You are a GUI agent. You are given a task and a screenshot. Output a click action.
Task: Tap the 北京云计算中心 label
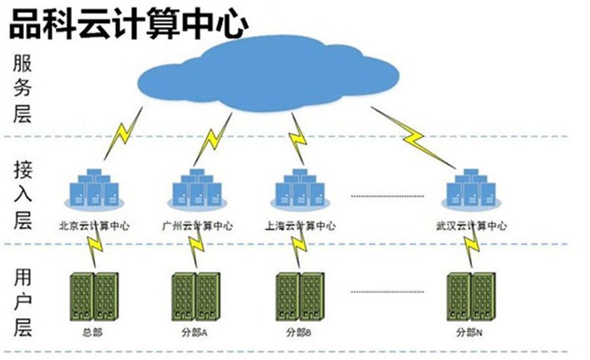(x=94, y=226)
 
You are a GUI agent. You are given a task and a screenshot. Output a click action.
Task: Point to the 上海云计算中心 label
(x=300, y=226)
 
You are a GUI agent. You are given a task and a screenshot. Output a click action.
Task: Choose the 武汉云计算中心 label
(x=471, y=226)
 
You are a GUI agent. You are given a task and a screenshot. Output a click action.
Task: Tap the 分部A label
(x=194, y=332)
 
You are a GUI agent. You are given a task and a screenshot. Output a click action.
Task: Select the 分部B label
(x=298, y=332)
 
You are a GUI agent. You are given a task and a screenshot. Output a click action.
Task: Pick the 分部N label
(x=469, y=332)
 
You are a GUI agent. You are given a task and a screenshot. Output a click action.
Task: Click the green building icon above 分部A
(x=195, y=297)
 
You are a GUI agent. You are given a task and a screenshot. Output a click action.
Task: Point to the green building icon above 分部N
(x=471, y=297)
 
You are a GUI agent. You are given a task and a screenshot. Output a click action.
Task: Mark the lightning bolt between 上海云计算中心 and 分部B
(x=299, y=248)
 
